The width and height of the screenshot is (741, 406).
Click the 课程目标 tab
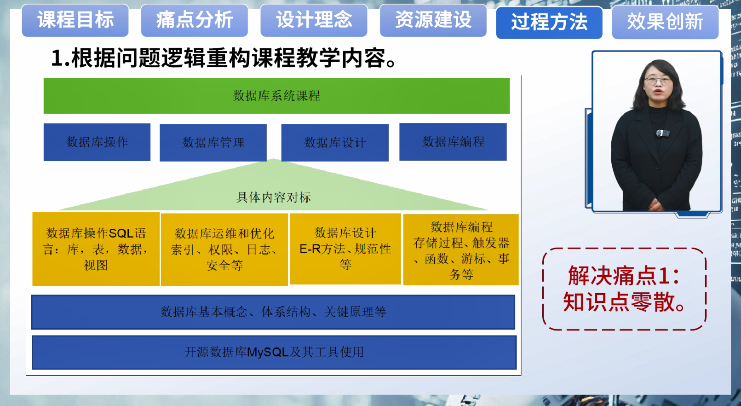75,20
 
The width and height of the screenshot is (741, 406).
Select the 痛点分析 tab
195,20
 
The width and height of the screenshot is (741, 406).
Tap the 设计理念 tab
314,20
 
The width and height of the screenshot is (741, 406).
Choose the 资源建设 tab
433,20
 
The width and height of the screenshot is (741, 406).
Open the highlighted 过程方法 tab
550,23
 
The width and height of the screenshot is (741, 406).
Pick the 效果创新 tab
665,22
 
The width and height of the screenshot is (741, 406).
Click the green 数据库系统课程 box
276,96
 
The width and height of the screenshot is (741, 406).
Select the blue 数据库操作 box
97,142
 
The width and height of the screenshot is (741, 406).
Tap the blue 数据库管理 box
213,143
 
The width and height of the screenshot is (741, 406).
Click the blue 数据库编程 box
453,142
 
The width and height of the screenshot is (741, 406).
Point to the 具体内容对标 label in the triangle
274,197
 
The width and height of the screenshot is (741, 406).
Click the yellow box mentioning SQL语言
96,249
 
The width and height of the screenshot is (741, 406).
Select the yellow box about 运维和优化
224,249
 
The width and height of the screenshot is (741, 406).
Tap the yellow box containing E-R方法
345,249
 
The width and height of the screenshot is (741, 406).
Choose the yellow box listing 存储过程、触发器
461,249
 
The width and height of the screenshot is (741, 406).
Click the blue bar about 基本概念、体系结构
273,312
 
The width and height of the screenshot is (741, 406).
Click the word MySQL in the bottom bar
268,352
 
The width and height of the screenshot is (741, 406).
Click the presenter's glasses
658,81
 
